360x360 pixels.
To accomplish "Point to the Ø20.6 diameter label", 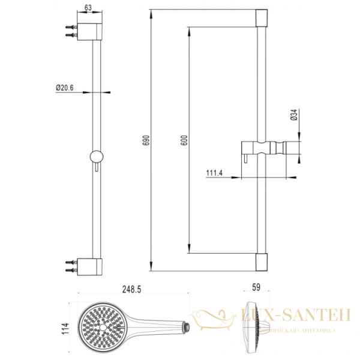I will (x=64, y=88).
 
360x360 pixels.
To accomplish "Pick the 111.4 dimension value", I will (x=214, y=173).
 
